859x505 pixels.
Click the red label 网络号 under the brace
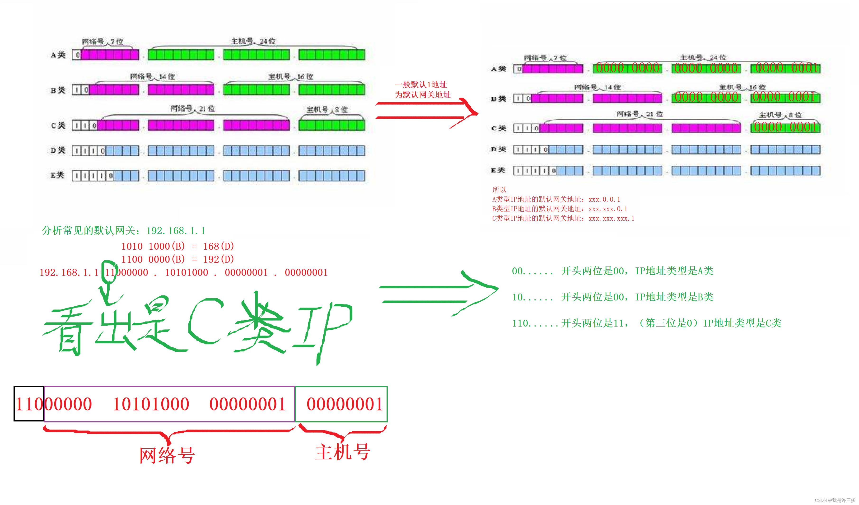point(167,455)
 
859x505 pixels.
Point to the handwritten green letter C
point(205,321)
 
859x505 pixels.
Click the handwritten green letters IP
point(322,327)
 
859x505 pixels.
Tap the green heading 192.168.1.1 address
point(176,231)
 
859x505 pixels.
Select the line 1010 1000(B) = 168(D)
point(177,246)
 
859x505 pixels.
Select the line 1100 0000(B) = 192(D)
point(177,259)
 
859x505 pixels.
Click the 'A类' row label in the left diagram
point(58,55)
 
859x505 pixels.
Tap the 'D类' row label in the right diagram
point(498,149)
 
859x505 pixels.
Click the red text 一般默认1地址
point(421,84)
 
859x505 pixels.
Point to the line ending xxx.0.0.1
point(556,200)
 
